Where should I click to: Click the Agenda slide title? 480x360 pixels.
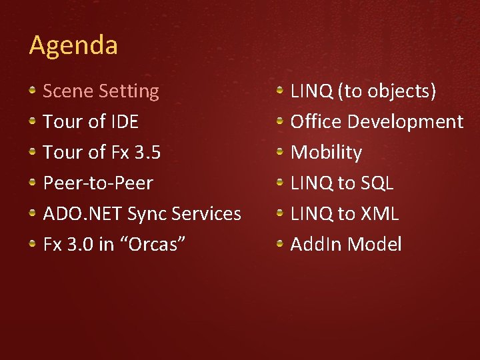coord(73,45)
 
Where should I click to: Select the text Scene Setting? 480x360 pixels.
coord(101,91)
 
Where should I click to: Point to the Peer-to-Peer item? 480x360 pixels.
coord(97,183)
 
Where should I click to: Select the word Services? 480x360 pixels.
coord(206,213)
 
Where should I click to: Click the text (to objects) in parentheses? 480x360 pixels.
coord(387,91)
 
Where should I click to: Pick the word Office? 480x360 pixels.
coord(317,121)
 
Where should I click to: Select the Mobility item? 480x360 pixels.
coord(326,152)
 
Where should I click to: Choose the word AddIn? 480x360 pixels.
coord(315,244)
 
